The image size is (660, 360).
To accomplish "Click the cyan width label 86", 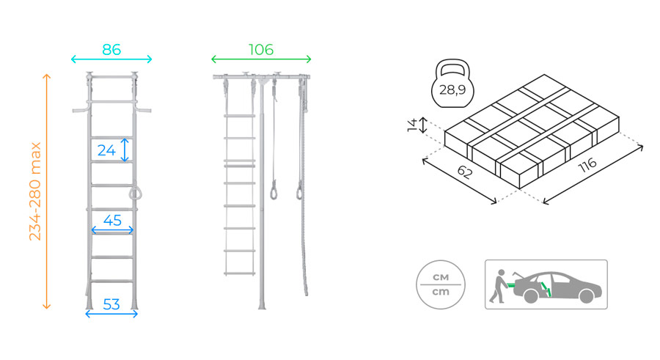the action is click(x=111, y=50).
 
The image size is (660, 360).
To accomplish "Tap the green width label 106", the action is click(x=261, y=50).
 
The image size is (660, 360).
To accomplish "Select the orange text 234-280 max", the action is click(x=35, y=191).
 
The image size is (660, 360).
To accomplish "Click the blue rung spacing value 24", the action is click(x=106, y=150).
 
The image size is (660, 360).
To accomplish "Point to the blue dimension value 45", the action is click(x=112, y=220).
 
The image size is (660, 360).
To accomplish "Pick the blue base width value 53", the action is click(x=111, y=304).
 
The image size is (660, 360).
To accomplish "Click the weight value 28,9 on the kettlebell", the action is click(x=452, y=89).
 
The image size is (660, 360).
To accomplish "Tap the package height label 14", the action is click(x=412, y=125).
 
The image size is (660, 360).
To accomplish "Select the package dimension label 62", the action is click(x=465, y=172).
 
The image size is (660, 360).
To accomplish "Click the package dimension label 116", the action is click(x=587, y=165).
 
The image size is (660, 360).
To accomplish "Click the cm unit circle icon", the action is click(x=441, y=284).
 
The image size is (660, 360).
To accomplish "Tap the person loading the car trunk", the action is click(x=499, y=287).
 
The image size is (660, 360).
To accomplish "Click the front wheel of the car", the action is click(x=586, y=296).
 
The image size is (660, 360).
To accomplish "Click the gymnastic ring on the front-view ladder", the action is click(x=135, y=193).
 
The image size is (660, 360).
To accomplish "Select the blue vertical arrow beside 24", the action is click(x=125, y=150).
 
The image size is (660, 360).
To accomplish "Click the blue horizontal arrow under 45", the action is click(x=112, y=230).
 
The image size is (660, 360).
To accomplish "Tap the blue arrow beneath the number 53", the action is click(x=111, y=314).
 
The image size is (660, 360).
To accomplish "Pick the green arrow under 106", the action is click(x=261, y=59).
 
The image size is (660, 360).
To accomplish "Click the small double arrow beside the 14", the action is click(x=423, y=125).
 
